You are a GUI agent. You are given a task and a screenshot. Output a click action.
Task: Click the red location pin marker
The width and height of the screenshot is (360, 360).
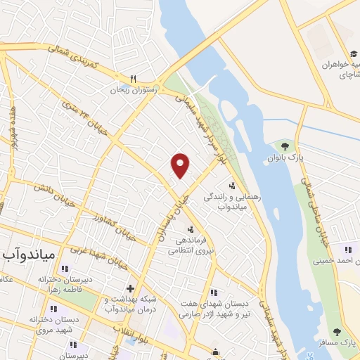click(x=181, y=165)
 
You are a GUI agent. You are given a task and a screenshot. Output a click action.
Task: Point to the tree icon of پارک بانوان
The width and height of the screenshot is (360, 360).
click(x=285, y=146)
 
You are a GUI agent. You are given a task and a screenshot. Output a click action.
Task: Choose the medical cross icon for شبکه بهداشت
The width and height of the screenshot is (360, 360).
click(x=129, y=288)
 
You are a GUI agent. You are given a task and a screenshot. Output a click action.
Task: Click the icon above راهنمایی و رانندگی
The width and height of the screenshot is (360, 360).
click(x=232, y=186)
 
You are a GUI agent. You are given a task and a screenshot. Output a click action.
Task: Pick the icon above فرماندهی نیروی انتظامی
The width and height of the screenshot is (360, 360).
click(x=189, y=229)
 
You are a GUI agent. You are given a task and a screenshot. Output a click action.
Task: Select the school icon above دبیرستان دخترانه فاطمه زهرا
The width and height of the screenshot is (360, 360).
click(x=65, y=269)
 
